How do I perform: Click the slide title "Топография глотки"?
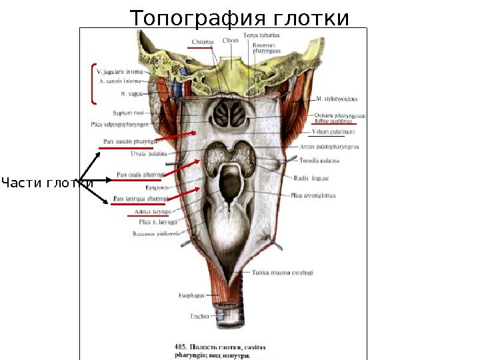(x=239, y=18)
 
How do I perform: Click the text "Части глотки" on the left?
(x=47, y=182)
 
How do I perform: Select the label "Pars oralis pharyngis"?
(x=139, y=175)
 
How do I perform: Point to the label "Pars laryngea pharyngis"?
(x=140, y=199)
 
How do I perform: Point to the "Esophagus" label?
(x=191, y=295)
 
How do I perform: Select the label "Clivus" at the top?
(x=231, y=41)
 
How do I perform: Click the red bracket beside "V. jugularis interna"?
(x=92, y=84)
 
